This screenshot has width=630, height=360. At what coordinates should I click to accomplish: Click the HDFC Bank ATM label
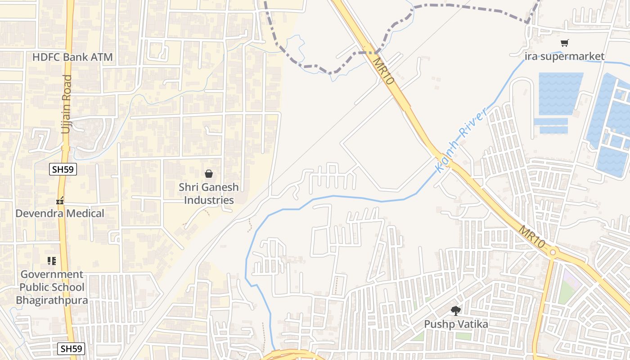pos(72,57)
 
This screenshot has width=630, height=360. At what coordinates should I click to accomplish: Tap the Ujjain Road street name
pos(67,104)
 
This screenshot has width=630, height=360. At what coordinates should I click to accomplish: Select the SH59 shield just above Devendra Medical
pos(63,169)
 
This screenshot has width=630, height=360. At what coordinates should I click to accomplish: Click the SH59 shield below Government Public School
pos(72,348)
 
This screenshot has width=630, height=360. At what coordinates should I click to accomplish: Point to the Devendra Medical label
pos(60,213)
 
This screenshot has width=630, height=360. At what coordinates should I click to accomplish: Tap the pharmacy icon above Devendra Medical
pos(60,201)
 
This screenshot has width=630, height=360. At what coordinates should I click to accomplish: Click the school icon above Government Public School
pos(51,261)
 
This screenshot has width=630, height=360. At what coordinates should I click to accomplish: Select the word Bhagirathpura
pos(52,300)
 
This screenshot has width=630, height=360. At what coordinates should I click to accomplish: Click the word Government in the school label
pos(52,274)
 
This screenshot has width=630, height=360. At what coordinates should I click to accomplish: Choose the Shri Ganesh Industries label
pos(209,193)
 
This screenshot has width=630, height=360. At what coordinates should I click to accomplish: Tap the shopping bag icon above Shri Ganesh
pos(209,174)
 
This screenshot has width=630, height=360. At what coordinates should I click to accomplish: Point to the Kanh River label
pos(461,140)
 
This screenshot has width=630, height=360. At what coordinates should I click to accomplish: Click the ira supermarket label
pos(564,56)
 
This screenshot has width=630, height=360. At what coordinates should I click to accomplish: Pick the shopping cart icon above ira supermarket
pos(564,43)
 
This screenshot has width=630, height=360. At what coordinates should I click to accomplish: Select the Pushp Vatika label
pos(456,324)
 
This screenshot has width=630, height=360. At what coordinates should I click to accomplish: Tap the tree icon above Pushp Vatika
pos(456,310)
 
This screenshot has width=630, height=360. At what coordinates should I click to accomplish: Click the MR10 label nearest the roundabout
pos(532,237)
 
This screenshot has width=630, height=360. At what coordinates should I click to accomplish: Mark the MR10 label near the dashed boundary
pos(383,71)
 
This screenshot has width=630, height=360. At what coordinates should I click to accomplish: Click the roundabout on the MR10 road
pos(553,252)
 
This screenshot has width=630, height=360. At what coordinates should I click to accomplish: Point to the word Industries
pos(209,200)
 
